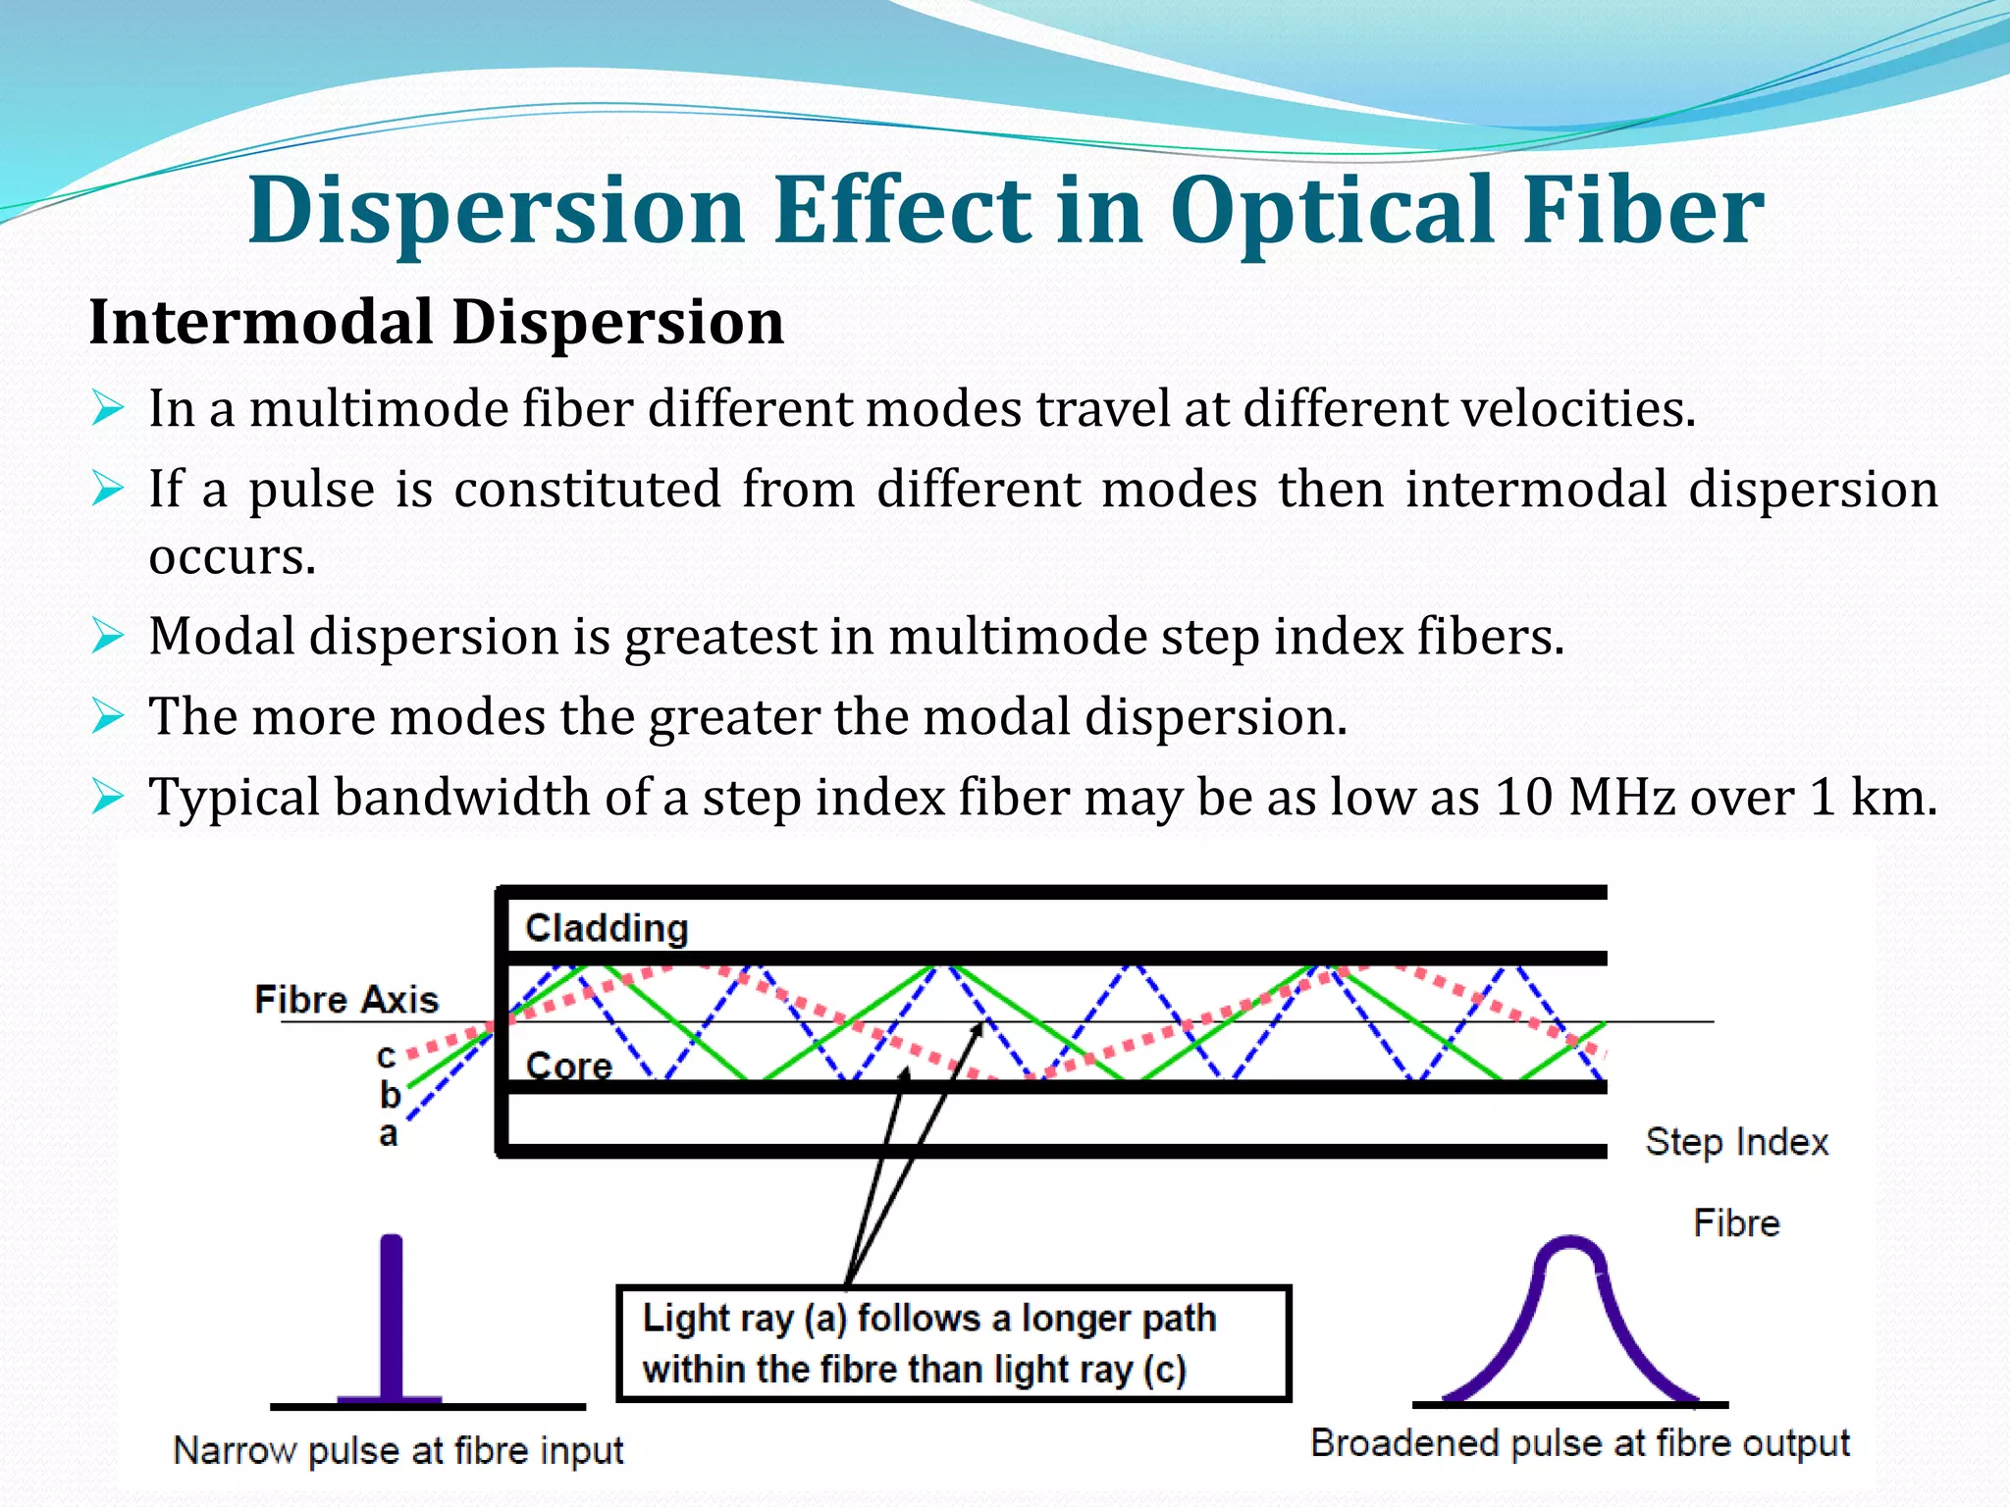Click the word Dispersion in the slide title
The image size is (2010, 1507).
click(497, 211)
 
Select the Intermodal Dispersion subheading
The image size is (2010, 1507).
click(437, 322)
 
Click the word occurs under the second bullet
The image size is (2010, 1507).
click(233, 556)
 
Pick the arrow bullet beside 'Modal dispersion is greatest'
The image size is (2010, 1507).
click(107, 637)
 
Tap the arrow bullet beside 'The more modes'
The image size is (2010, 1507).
click(107, 716)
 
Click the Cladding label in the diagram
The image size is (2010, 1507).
click(607, 928)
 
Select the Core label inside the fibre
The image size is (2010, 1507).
click(568, 1065)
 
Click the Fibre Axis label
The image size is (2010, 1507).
click(346, 1000)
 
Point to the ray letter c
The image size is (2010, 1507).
click(387, 1057)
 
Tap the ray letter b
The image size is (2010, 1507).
click(390, 1094)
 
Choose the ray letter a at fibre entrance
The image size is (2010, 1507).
click(389, 1134)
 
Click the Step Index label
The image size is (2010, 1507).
click(1736, 1142)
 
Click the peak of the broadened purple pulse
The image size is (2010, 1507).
click(1570, 1244)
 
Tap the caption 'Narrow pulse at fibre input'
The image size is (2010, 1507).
click(398, 1450)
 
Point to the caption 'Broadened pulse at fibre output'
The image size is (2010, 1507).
click(1580, 1443)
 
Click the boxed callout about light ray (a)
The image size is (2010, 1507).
click(953, 1343)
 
